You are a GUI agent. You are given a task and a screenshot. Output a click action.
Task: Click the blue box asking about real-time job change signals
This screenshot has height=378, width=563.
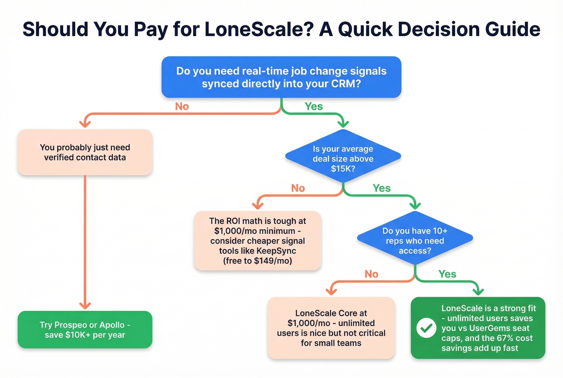281,77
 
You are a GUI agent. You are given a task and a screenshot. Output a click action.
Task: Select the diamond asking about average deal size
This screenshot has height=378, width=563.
343,157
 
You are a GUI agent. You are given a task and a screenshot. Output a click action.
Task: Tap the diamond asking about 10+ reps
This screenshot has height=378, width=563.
415,239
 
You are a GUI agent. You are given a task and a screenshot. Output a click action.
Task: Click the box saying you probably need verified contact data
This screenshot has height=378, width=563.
85,153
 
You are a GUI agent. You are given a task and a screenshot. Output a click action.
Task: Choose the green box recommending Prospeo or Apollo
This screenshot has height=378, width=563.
85,330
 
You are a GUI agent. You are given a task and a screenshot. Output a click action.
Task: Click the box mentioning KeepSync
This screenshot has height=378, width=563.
257,241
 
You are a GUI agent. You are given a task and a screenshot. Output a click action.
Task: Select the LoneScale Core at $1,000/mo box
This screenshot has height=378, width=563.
331,328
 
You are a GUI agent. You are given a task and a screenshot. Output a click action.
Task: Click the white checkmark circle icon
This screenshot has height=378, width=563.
426,328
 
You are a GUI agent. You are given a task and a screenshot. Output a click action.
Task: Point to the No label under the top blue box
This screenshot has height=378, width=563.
182,106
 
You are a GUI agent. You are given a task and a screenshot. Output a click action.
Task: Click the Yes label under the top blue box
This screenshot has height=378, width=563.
314,106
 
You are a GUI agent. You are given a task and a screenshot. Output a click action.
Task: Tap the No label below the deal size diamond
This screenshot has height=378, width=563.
298,188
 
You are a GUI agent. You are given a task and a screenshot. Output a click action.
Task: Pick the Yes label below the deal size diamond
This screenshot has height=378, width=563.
382,188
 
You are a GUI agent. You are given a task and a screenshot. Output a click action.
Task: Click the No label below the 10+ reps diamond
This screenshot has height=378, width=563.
371,274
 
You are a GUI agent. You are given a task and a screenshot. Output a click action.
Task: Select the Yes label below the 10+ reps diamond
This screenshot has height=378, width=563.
447,274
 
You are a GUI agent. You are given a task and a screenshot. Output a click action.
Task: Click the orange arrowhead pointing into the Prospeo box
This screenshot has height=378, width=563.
85,306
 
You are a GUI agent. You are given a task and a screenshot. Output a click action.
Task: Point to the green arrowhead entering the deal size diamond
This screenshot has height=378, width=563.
343,124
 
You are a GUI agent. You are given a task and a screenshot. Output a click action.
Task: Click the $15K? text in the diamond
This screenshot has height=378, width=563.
343,169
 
